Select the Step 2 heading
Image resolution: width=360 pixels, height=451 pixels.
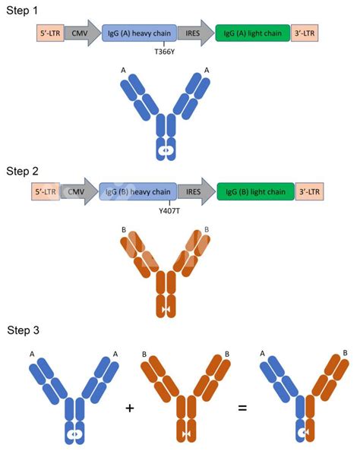(x=24, y=172)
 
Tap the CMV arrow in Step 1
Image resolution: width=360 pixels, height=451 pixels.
(x=81, y=34)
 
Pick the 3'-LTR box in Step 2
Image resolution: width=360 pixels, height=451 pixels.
(x=308, y=192)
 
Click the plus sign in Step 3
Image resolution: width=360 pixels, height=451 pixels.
(x=131, y=408)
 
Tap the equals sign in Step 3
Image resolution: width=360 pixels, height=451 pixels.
(x=242, y=408)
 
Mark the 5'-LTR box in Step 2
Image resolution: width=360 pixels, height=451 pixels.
(x=46, y=192)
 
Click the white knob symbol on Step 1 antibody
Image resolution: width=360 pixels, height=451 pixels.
(x=163, y=151)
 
